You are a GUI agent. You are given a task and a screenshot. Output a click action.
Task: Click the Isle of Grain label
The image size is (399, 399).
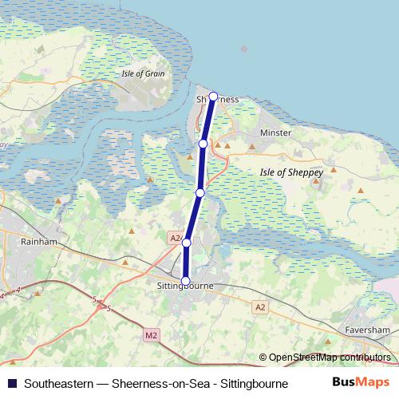tap(144, 73)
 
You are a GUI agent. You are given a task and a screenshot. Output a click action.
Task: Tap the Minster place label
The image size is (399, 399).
tap(276, 132)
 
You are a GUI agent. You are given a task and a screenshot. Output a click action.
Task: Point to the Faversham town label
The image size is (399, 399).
tap(368, 329)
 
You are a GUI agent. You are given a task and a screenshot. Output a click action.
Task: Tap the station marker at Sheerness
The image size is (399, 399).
tap(213, 97)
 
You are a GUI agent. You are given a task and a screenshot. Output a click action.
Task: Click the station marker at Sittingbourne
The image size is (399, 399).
tap(186, 281)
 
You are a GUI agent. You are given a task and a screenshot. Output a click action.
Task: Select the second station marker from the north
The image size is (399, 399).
tap(203, 144)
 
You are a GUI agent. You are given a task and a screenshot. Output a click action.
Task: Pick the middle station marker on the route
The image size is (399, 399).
tap(199, 192)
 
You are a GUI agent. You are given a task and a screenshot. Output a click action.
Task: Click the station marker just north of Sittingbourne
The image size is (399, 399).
tap(187, 243)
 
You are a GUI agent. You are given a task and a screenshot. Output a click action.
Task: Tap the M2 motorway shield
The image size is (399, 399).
tap(152, 336)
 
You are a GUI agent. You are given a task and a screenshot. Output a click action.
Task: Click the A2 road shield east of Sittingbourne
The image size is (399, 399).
tap(260, 306)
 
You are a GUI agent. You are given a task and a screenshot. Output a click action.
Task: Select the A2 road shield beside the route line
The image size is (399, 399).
tap(175, 238)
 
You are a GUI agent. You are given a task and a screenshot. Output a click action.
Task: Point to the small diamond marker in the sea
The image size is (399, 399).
tap(244, 49)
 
